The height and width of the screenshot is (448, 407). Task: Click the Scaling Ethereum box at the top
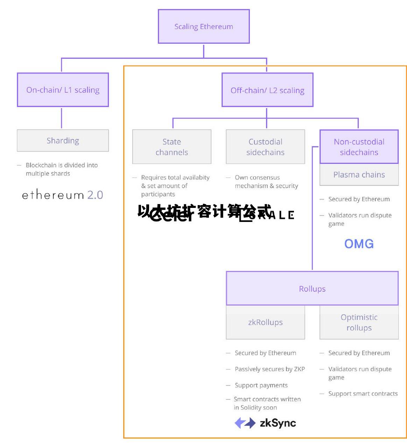coord(204,27)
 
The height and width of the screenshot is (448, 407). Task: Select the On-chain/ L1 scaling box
coord(63,90)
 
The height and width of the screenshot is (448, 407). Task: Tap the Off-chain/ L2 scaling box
coord(267,90)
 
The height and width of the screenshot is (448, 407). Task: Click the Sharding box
coord(63,141)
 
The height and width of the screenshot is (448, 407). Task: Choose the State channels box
coord(172,147)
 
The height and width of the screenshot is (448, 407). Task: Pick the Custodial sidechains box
coord(265,147)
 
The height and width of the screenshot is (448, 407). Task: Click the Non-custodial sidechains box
coord(359,147)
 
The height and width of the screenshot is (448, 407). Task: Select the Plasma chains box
coord(359,175)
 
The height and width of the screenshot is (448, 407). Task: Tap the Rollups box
coord(312,289)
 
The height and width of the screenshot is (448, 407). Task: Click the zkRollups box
coord(265,322)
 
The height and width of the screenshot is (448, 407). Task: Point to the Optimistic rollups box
coord(359,322)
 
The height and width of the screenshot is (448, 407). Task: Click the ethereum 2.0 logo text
coord(63,195)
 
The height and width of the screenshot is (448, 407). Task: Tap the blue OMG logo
coord(359,244)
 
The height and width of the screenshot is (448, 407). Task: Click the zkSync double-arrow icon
coord(245,423)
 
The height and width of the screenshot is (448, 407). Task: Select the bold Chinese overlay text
coord(204,211)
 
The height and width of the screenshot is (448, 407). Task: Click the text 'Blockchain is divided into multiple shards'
coord(62,169)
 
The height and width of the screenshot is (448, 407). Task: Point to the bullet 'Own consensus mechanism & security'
coord(266,182)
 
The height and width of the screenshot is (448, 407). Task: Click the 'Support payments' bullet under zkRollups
coord(261,385)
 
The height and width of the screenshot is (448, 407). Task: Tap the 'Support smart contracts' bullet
coord(363,394)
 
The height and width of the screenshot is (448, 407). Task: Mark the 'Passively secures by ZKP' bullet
coord(270,369)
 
